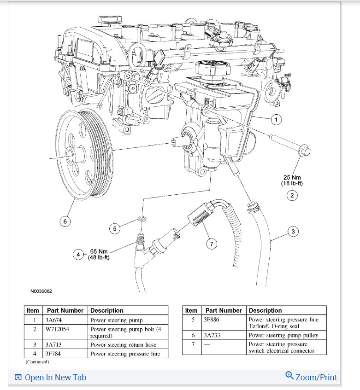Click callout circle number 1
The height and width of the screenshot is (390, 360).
276,120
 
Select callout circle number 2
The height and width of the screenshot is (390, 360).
291,196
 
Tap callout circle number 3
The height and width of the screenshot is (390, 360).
293,231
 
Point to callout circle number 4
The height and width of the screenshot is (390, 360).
78,254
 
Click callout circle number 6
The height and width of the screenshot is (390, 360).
65,221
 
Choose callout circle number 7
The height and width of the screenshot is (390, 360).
212,244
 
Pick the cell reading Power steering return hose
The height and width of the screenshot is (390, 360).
123,344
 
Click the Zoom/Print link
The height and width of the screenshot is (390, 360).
311,377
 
